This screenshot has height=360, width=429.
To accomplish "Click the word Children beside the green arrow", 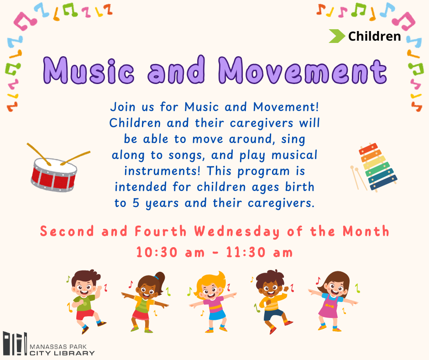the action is pos(374,36).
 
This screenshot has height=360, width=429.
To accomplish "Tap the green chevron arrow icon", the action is pos(337,36).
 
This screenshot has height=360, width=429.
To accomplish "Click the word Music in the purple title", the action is pos(89,70).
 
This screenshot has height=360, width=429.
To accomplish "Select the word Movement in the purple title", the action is pos(303,70).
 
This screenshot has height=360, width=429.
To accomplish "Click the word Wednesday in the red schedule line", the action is pos(237,232).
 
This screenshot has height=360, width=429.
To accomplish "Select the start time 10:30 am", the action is pos(170,252).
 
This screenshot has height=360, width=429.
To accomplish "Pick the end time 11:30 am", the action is pos(259,252).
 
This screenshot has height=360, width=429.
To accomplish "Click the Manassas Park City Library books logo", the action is pos(16,344).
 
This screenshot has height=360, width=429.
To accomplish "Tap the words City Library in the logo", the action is pos(62,353).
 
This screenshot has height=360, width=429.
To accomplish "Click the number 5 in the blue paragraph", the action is pos(136,203).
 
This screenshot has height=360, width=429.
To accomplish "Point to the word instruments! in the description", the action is pos(162,171).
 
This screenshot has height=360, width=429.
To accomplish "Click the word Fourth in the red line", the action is pos(161,232).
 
